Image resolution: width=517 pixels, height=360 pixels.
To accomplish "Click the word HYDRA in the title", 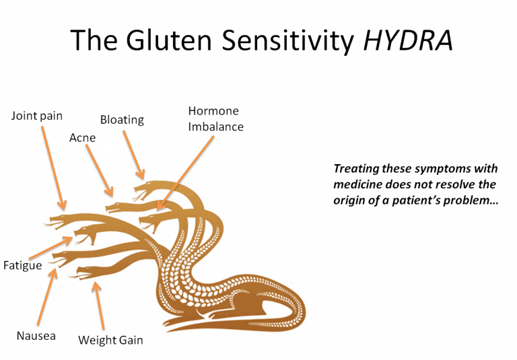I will pyautogui.click(x=407, y=41).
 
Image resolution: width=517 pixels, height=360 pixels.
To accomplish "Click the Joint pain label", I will pyautogui.click(x=37, y=116).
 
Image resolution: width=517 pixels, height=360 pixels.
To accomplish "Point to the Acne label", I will pyautogui.click(x=82, y=138).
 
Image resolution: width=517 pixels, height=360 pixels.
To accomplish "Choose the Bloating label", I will pyautogui.click(x=122, y=120).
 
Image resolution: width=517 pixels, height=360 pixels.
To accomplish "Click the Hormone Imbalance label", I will pyautogui.click(x=215, y=118).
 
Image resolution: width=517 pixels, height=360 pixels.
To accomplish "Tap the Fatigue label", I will pyautogui.click(x=22, y=265).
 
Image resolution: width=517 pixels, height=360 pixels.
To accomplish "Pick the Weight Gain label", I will pyautogui.click(x=110, y=340).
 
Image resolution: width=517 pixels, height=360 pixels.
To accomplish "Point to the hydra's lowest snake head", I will pyautogui.click(x=91, y=273).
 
